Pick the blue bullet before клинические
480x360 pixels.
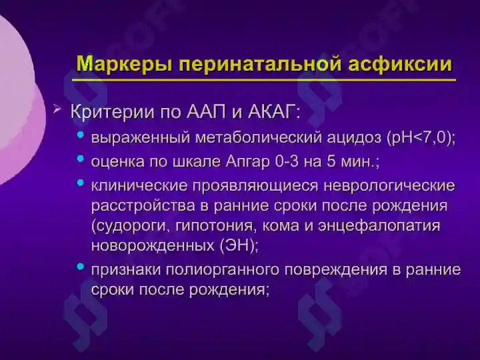point(81,182)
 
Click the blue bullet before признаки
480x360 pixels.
point(81,267)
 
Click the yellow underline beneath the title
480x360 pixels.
point(264,80)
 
